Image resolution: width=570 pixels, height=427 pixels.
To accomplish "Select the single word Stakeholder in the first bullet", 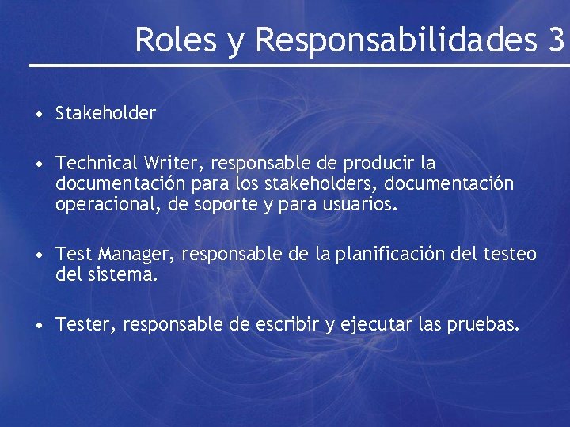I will coord(106,113).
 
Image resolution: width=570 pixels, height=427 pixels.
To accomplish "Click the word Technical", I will coord(97,163).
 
